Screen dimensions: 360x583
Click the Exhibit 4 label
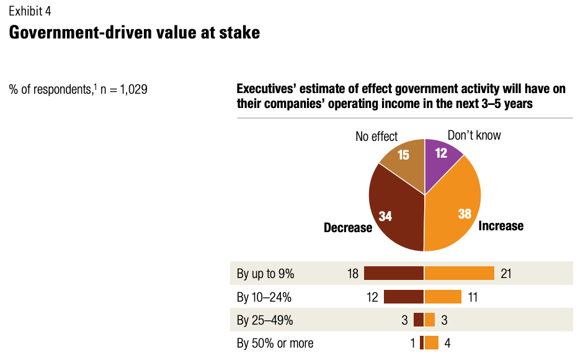[30, 11]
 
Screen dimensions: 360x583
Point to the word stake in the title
[239, 33]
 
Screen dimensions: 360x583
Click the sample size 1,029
[133, 89]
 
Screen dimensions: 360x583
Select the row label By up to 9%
[265, 273]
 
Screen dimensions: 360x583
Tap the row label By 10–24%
[264, 297]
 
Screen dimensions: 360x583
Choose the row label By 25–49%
[264, 320]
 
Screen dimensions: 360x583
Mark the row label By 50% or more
[275, 343]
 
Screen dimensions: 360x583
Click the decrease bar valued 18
[393, 273]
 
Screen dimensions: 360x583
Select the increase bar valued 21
[460, 273]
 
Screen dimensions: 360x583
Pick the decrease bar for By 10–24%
[404, 297]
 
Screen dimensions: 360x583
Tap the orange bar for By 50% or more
[432, 343]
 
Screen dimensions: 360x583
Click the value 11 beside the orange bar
[472, 297]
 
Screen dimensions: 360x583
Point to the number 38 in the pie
[465, 214]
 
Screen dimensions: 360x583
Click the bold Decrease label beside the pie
[348, 228]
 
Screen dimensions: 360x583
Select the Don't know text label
[474, 135]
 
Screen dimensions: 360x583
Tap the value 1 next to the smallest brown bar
[412, 343]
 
